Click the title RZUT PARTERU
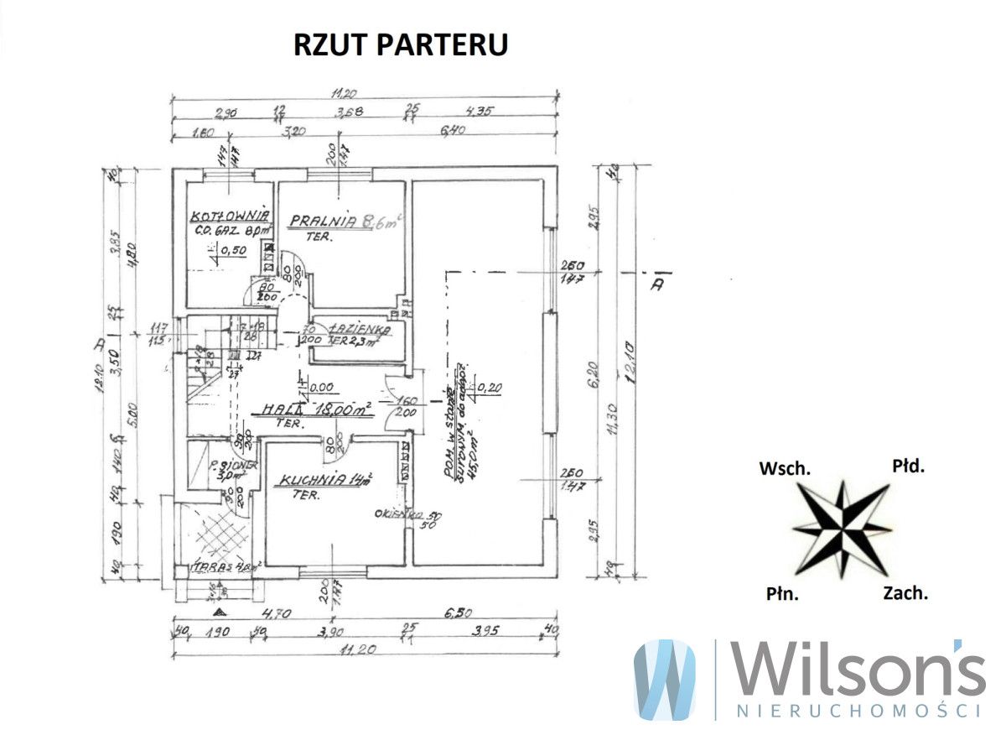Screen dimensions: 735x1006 [x=400, y=44]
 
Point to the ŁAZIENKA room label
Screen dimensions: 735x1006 [x=355, y=327]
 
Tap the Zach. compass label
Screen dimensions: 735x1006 [x=905, y=593]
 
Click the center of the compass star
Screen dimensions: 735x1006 [x=842, y=528]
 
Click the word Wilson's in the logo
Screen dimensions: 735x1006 [x=856, y=671]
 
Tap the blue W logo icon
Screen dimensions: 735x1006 [x=665, y=679]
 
